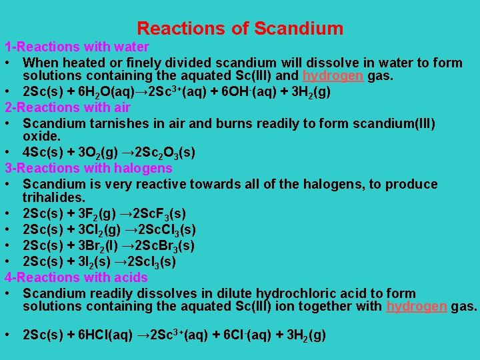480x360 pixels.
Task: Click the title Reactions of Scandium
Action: [x=240, y=29]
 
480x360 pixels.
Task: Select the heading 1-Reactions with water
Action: [x=77, y=47]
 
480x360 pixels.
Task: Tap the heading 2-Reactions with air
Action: [x=67, y=107]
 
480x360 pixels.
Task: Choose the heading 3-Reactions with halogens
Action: [x=88, y=168]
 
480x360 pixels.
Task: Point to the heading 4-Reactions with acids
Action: [x=76, y=277]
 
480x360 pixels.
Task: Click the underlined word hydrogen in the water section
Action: [x=333, y=77]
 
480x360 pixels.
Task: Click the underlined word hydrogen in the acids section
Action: [x=417, y=307]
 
